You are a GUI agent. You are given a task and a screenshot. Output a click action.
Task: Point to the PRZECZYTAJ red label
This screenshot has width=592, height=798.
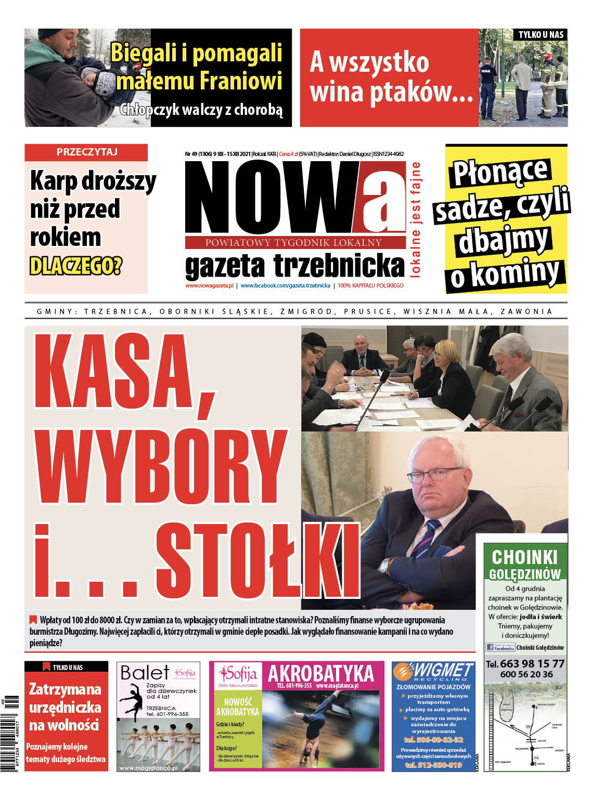point(87,152)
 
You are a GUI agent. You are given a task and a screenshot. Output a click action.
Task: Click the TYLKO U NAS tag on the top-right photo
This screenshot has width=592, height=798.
point(540,35)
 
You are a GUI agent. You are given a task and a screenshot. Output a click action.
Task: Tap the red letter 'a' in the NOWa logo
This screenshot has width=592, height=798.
point(383,198)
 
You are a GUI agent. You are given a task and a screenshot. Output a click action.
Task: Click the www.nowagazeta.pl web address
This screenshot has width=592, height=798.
point(209,285)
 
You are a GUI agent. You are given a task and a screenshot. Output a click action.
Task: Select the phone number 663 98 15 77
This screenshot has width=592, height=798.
point(532,664)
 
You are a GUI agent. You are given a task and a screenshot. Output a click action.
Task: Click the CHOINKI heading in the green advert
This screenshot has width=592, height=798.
point(524,557)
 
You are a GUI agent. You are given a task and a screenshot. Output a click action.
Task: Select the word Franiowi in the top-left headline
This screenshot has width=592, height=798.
point(240,81)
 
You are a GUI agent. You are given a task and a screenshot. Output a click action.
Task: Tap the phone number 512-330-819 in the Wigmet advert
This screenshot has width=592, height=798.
point(433,765)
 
